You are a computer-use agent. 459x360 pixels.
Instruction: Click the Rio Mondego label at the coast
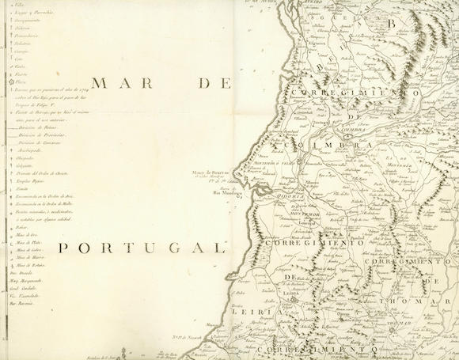point(229,191)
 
